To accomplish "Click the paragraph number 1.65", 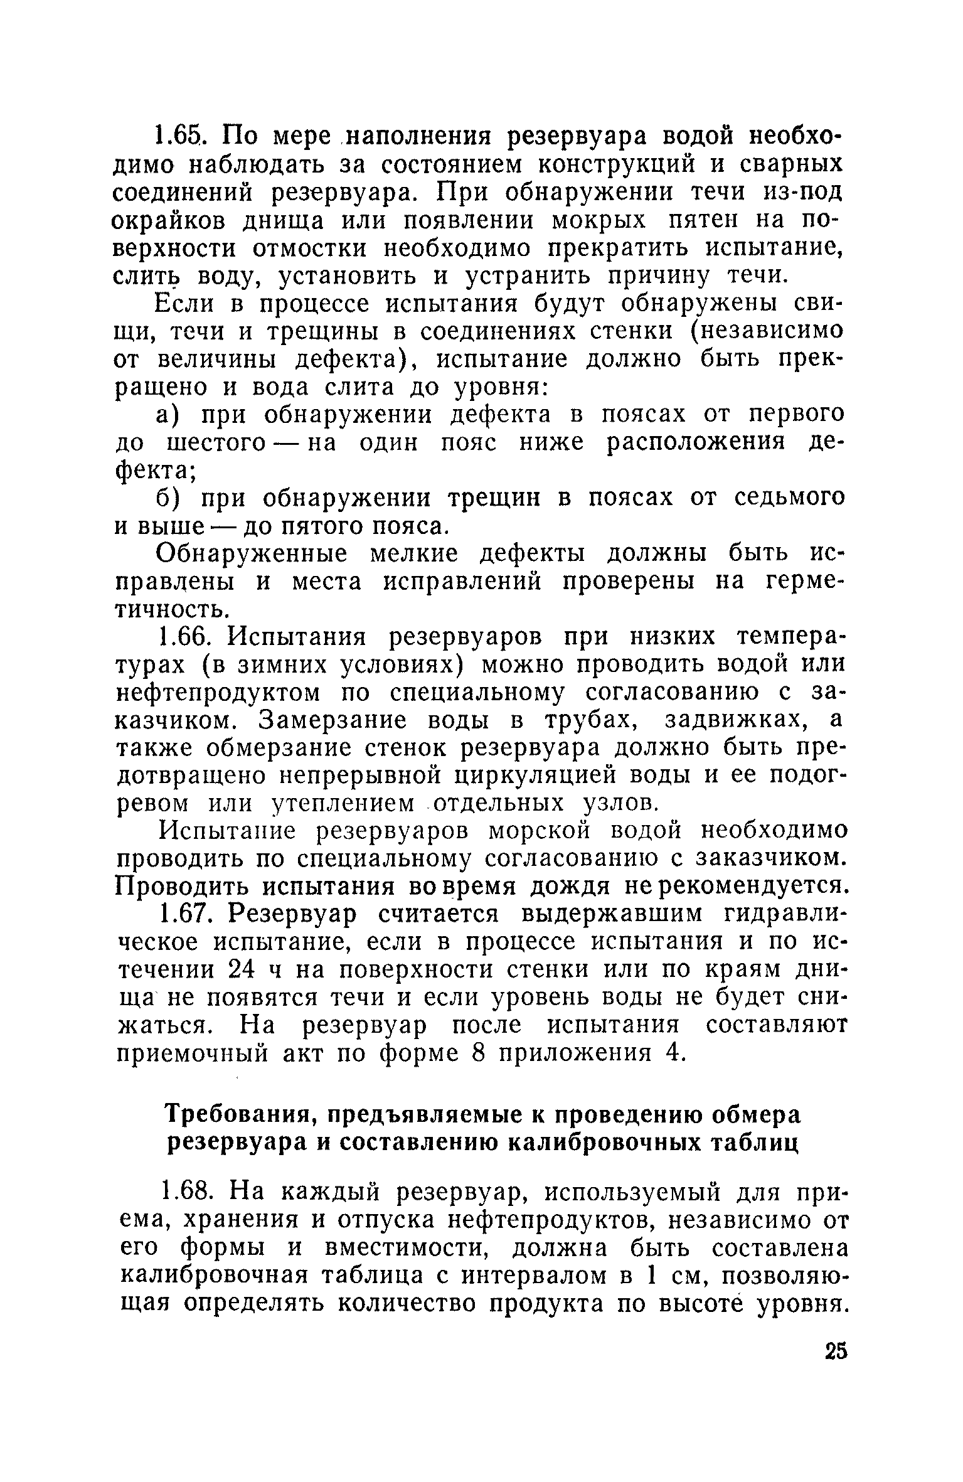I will [179, 135].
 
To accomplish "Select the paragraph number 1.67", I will [184, 914].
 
